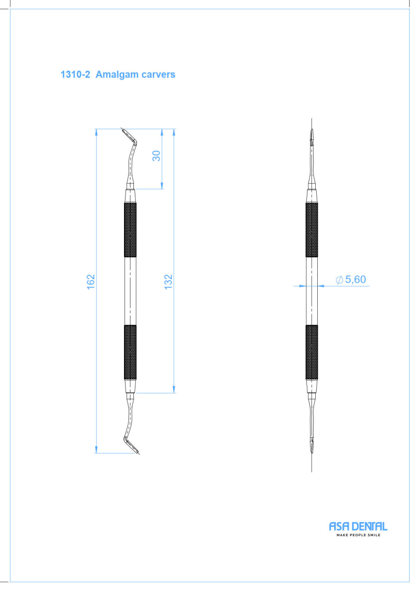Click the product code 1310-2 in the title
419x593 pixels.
pos(76,75)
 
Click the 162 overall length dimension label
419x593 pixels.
pos(90,282)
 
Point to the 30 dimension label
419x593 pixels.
pos(156,156)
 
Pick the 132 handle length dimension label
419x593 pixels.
pos(168,282)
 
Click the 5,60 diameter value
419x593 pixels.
pos(355,279)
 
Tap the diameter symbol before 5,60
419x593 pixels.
pos(339,280)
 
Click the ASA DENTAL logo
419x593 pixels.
pos(358,526)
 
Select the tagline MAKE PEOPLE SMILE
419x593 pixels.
pos(358,535)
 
